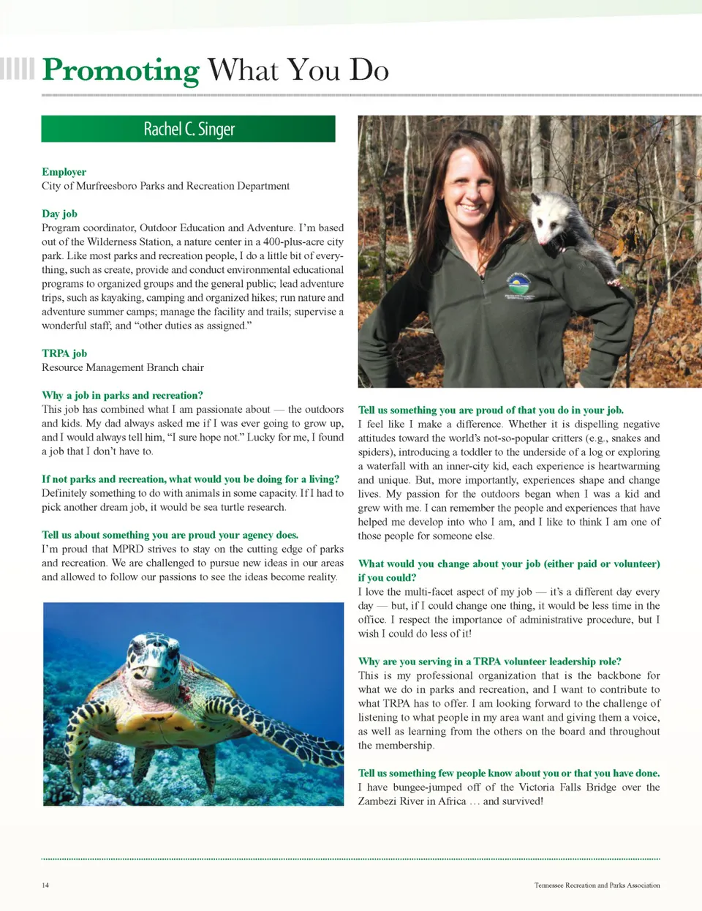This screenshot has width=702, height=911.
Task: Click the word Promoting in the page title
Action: (121, 70)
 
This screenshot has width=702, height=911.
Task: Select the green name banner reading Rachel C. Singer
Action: (189, 129)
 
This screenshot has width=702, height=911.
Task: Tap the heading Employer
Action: (64, 172)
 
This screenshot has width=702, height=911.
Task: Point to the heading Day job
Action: (59, 214)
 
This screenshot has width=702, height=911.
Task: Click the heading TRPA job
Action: (64, 353)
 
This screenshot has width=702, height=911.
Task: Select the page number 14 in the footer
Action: (45, 885)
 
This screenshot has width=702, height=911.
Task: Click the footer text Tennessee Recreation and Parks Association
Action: (597, 885)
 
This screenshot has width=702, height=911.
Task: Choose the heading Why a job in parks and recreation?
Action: (122, 395)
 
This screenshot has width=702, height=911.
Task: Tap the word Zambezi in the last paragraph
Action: (380, 801)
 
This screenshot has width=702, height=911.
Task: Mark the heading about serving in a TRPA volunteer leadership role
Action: (489, 661)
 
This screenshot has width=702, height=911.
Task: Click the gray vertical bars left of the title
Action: (17, 68)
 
